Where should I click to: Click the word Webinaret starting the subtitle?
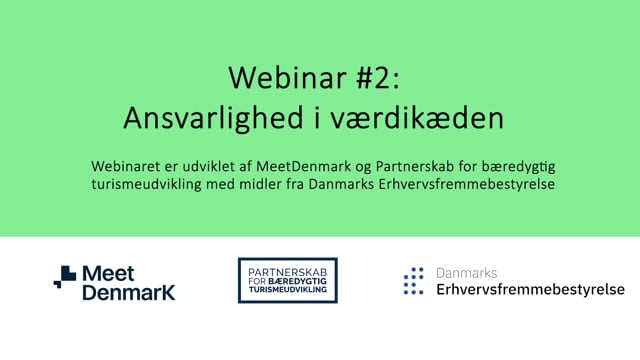(132, 164)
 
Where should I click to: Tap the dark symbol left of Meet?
(65, 277)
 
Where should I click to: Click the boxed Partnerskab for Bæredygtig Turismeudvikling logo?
(287, 280)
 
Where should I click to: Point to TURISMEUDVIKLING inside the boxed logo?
(287, 291)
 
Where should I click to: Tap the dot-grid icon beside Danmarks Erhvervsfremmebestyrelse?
(413, 281)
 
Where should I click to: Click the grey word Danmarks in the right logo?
(466, 272)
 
